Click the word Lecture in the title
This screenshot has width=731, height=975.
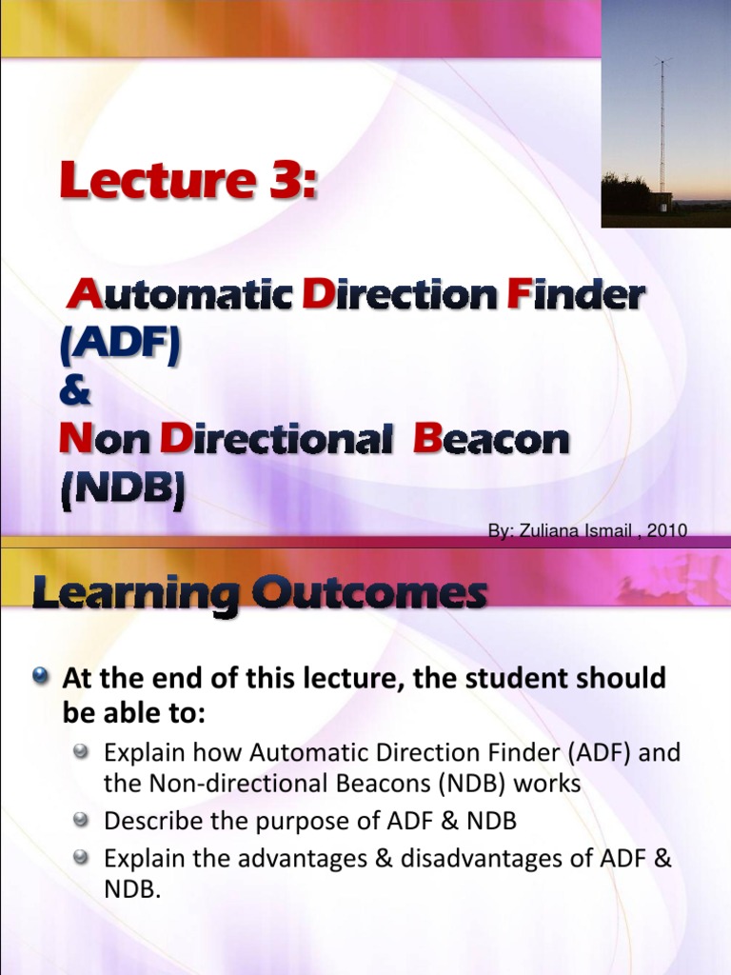[152, 180]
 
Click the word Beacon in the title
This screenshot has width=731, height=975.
[491, 440]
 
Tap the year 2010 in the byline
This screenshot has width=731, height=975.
[666, 531]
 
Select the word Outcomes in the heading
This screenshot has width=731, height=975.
[369, 595]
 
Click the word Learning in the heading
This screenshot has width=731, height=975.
[135, 595]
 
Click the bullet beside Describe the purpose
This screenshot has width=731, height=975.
[83, 819]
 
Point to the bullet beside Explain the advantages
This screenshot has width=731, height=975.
[83, 857]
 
